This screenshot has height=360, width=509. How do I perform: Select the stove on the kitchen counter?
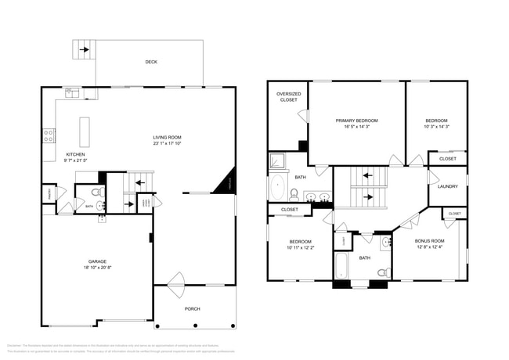point(49,134)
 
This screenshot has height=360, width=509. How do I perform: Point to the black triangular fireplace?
point(229,183)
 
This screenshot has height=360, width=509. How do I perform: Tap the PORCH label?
point(193,308)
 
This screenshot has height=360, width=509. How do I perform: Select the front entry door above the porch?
point(175,279)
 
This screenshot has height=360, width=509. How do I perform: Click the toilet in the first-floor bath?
point(97,192)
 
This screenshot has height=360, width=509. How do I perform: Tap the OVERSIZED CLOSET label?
point(289,97)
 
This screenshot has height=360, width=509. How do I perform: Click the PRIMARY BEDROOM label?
point(356,121)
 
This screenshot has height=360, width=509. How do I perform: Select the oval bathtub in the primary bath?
point(278,188)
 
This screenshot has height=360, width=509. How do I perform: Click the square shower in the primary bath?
point(277,162)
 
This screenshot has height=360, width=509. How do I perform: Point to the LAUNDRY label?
point(448,186)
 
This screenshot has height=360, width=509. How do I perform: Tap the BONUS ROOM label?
point(429,240)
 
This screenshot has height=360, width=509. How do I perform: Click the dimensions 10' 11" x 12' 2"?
point(301,247)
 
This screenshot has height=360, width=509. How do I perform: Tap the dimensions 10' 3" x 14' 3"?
point(436,126)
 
